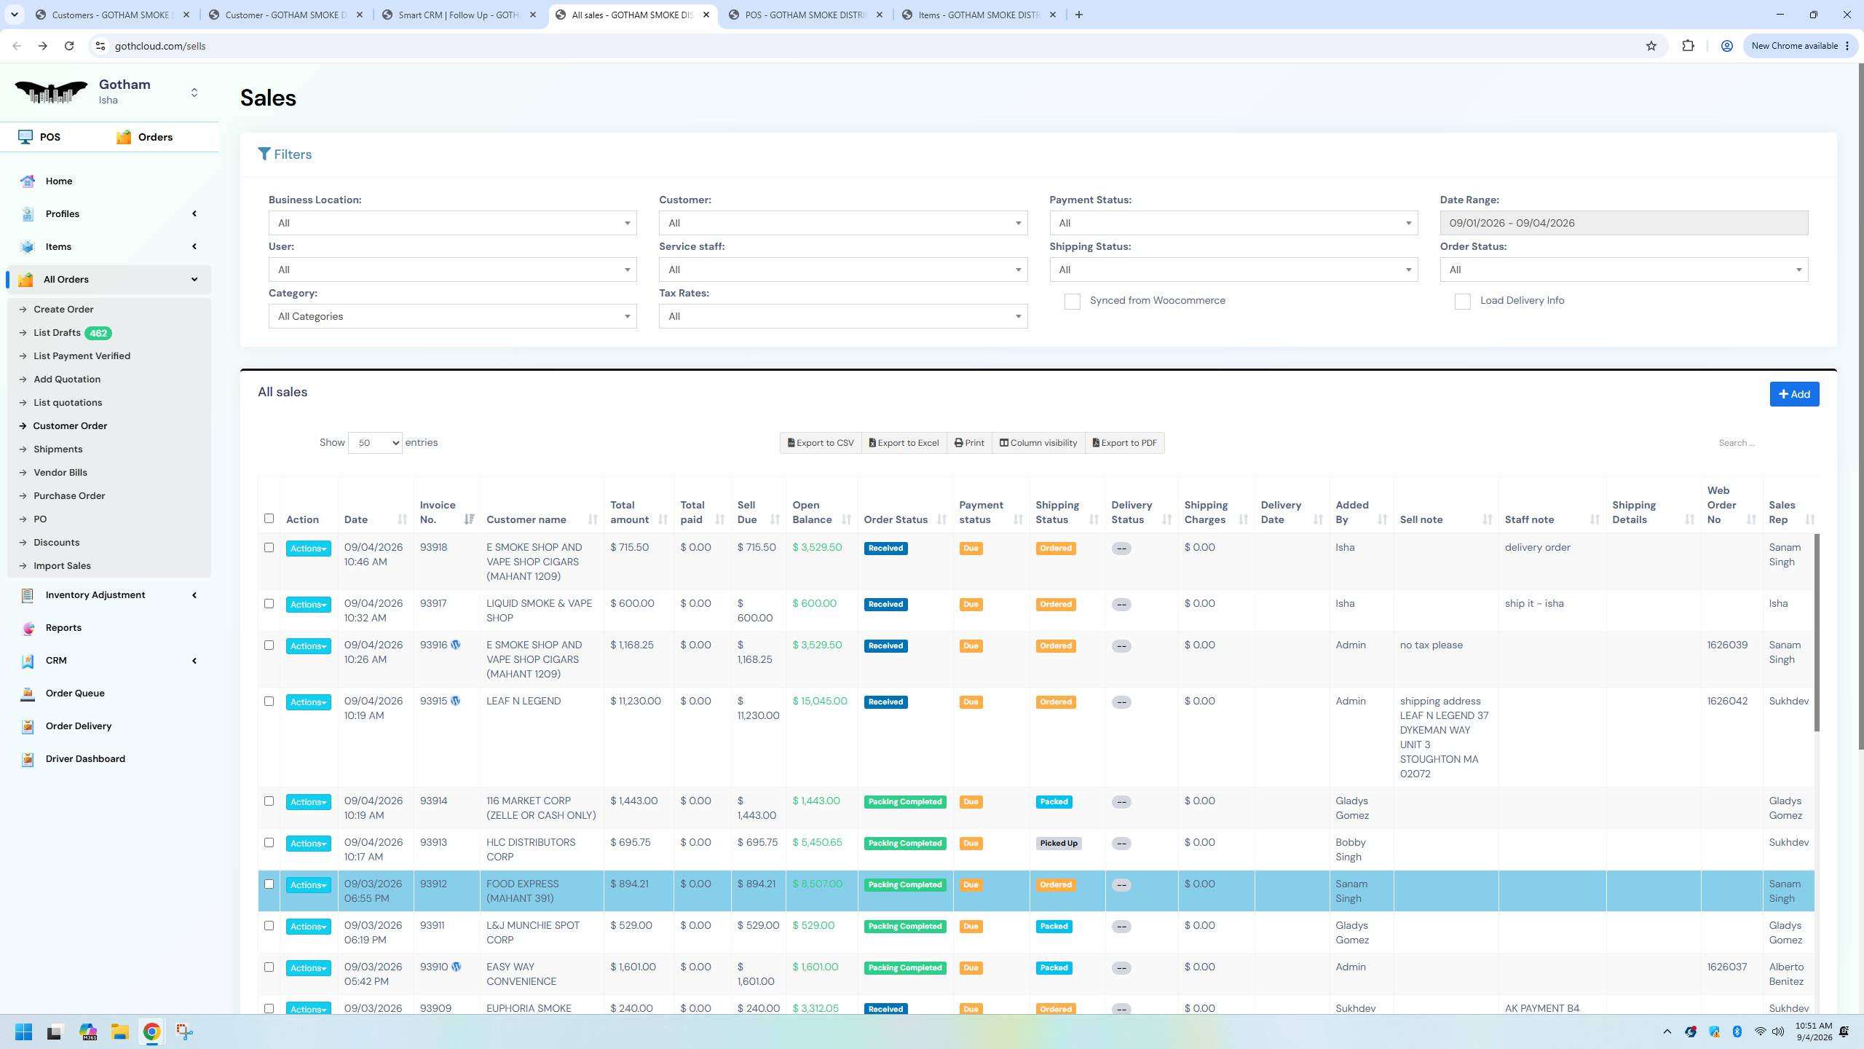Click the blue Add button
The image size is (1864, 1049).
pos(1794,394)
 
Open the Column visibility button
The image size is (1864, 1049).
pos(1038,443)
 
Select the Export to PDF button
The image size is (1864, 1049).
pos(1125,443)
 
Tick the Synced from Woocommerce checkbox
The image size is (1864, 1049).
pos(1072,302)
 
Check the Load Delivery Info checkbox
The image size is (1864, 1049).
pos(1462,302)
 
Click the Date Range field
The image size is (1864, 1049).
pos(1624,223)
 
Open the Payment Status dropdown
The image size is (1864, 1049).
pos(1233,223)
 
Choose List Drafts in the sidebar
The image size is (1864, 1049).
pos(57,333)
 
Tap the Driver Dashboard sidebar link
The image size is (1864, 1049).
pos(85,758)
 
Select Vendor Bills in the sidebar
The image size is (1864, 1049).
pos(60,473)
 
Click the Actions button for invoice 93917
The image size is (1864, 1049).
pos(308,605)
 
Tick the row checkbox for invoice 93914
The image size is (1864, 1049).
pos(269,801)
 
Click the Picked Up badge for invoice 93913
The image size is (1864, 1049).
pos(1059,844)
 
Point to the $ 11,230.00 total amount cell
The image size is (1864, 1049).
pos(636,702)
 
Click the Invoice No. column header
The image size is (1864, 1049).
pos(438,512)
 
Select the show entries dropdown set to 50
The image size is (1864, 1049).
pos(375,443)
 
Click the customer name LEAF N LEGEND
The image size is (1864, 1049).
pos(524,702)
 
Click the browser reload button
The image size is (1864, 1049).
pos(69,46)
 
